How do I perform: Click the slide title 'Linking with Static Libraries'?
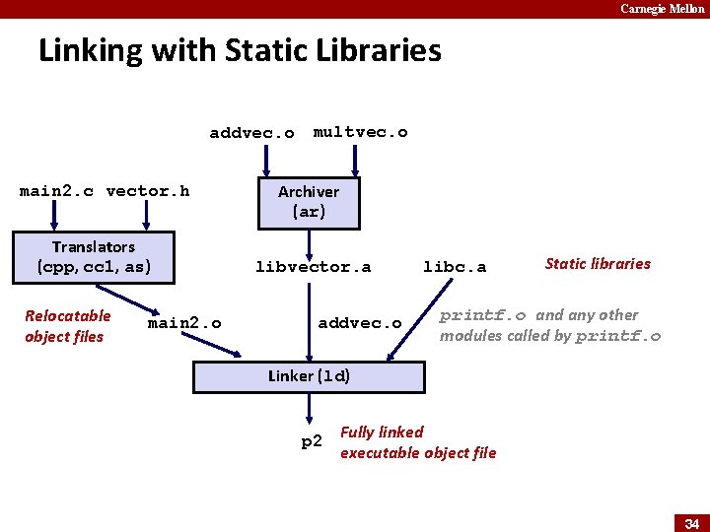[x=240, y=50]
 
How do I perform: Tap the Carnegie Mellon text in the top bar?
[x=662, y=9]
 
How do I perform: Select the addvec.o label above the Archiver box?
[x=251, y=133]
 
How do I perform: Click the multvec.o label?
[x=360, y=132]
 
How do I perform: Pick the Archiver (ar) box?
[x=309, y=202]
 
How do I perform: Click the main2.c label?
[x=56, y=191]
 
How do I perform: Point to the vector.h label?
[x=148, y=191]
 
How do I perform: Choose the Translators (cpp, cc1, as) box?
[x=93, y=256]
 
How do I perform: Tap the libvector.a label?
[x=313, y=267]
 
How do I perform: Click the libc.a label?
[x=455, y=267]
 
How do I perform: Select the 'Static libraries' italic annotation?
[x=598, y=263]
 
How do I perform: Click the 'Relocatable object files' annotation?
[x=68, y=326]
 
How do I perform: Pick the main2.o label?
[x=184, y=323]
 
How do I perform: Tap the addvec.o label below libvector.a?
[x=360, y=323]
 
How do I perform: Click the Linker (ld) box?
[x=309, y=376]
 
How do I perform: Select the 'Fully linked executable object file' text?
[x=418, y=442]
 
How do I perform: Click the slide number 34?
[x=691, y=523]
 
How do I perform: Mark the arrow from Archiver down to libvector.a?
[x=309, y=241]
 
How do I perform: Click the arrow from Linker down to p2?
[x=309, y=409]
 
